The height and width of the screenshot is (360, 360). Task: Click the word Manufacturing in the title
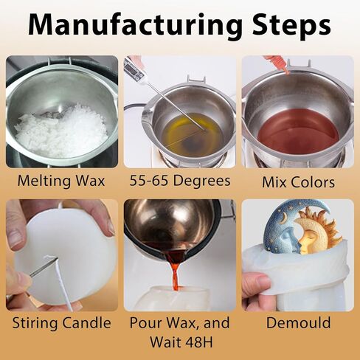point(135,25)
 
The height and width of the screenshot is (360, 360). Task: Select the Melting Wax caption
point(61,181)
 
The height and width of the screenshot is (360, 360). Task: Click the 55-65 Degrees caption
point(180,181)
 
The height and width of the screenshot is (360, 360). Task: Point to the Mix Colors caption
point(298,182)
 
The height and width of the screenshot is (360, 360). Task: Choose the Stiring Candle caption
point(61,323)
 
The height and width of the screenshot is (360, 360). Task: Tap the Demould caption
point(298,322)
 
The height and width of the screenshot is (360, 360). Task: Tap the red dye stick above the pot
point(277,64)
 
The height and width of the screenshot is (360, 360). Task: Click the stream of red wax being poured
point(175,273)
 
